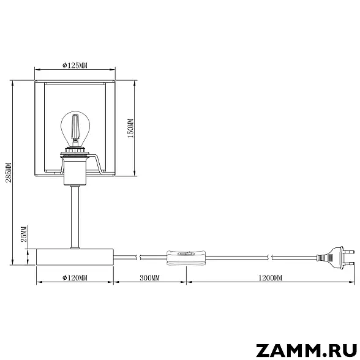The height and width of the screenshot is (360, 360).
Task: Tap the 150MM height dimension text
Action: tap(130, 129)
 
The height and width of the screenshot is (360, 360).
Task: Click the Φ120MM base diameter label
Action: tap(75, 278)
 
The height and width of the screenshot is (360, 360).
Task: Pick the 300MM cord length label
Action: tap(150, 278)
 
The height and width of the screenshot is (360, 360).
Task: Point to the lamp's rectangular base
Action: tap(75, 257)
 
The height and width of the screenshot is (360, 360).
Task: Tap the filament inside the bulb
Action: tap(75, 129)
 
